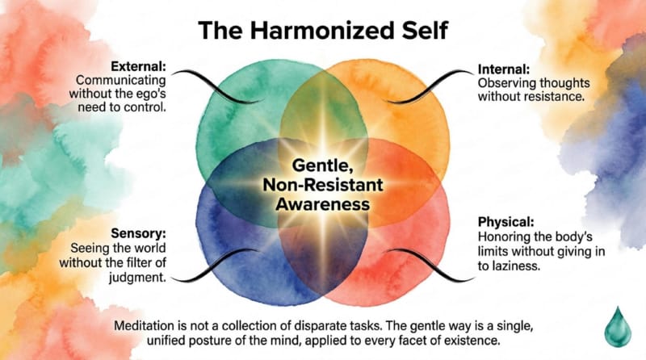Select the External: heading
click(x=138, y=66)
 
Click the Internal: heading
click(x=504, y=69)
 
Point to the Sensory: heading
click(x=138, y=233)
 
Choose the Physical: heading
click(x=506, y=222)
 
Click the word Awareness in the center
click(x=323, y=204)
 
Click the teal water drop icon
click(x=618, y=327)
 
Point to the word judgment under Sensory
click(x=137, y=278)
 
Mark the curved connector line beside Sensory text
click(x=214, y=266)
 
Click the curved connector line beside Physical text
click(x=431, y=266)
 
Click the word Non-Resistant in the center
click(x=323, y=185)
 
